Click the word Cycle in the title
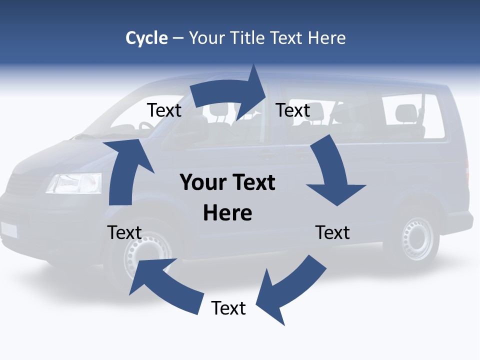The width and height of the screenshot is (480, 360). [146, 38]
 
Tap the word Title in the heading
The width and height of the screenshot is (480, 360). [248, 38]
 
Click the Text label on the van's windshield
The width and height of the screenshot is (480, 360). [164, 110]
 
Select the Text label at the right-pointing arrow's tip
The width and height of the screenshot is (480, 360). [293, 110]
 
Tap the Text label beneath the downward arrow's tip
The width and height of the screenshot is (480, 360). [332, 232]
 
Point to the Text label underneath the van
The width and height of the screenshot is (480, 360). [228, 308]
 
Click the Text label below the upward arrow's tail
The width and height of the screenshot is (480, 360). [124, 232]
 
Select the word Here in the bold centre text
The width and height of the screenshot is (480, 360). [227, 213]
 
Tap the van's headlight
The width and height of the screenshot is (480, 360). [74, 183]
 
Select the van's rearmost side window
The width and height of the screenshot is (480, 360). [412, 116]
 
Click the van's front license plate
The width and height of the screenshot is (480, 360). [8, 229]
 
